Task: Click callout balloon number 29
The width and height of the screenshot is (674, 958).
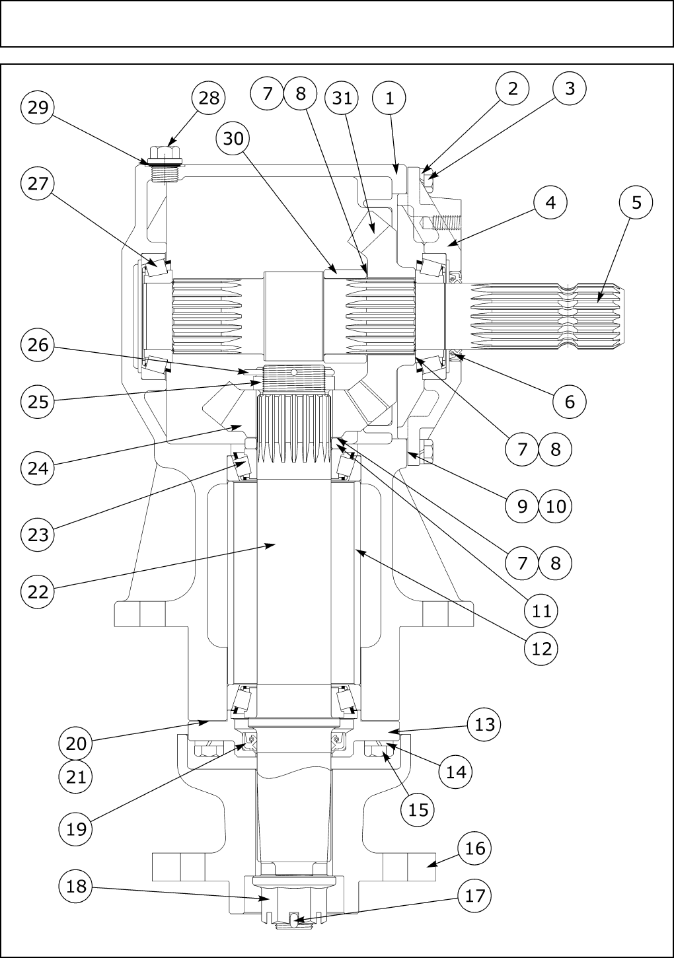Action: point(38,107)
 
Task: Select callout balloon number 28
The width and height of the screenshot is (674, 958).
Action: point(209,98)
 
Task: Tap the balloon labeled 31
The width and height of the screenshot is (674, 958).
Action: point(342,98)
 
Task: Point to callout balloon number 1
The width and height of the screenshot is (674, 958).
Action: point(389,98)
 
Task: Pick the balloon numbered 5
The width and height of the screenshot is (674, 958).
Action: point(636,202)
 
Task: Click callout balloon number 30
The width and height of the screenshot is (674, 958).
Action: point(233,138)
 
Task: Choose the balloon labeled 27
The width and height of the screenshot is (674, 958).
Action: point(38,183)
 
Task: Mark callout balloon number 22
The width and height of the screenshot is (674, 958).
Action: point(38,591)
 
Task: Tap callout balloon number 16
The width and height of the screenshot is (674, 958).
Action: point(475,848)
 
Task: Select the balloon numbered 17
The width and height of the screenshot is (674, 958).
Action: point(475,896)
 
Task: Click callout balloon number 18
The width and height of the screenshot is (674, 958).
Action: point(77,886)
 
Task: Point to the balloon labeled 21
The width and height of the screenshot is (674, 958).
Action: point(77,776)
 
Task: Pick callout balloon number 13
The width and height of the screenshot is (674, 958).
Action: point(484,724)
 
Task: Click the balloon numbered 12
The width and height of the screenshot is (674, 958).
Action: point(541,648)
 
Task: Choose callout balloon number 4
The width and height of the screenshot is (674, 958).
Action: point(550,202)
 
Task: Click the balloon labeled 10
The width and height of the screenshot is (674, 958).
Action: point(556,506)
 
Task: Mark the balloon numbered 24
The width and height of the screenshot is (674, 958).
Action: point(38,468)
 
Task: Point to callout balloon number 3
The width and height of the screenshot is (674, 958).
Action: point(570,88)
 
